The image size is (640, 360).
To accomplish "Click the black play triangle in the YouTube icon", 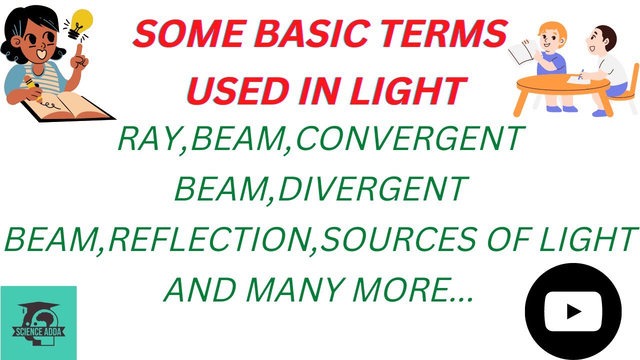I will [573, 312].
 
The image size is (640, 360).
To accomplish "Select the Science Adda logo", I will [38, 323].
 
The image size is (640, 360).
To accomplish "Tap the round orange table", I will [562, 85].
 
